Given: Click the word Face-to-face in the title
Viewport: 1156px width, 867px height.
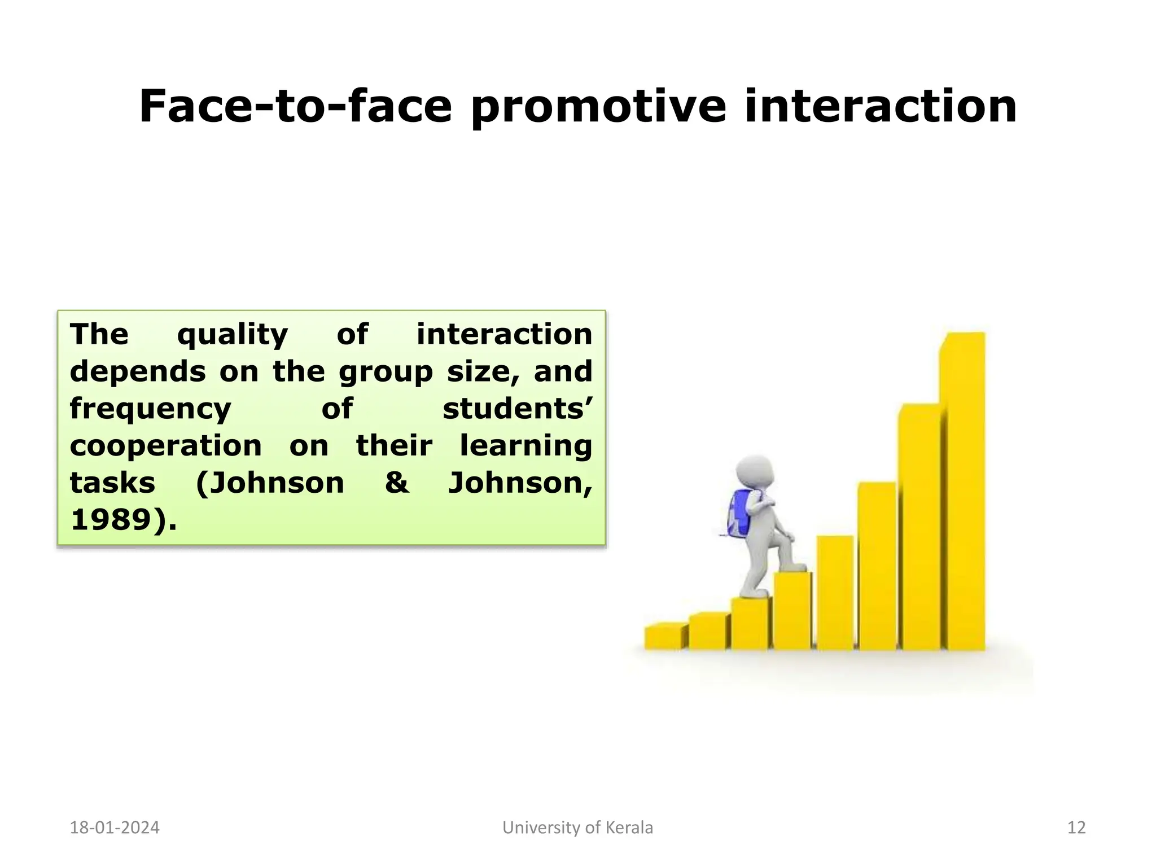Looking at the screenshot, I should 295,107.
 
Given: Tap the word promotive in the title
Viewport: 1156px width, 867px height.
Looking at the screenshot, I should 598,107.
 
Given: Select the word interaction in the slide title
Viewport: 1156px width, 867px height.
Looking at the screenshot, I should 881,107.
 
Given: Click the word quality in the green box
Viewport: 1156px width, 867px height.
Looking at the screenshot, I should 232,335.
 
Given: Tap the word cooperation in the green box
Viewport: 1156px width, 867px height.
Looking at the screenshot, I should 166,446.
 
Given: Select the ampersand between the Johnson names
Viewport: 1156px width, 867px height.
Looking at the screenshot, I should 397,483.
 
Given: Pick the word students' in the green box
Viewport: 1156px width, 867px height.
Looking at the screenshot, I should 517,409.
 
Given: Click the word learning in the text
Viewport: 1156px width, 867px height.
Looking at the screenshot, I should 526,446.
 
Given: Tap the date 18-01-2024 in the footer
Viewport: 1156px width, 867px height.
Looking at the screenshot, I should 115,827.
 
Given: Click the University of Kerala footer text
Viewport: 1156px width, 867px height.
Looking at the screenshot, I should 577,827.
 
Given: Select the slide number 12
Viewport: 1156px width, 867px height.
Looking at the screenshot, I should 1076,827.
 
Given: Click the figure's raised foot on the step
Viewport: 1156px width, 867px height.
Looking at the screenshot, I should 793,566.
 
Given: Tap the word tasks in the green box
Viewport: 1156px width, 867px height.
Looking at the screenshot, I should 112,483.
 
